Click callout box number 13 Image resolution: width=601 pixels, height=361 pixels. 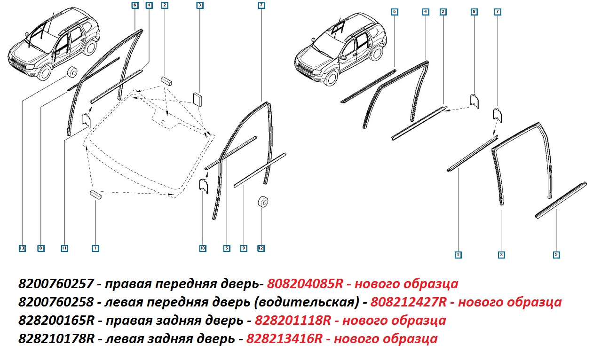[22, 248]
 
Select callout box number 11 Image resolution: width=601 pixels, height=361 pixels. [64, 248]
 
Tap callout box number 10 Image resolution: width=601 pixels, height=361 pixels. [203, 248]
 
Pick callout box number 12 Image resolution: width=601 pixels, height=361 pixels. [261, 248]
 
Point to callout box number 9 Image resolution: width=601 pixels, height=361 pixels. [244, 248]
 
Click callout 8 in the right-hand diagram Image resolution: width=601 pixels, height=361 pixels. [474, 12]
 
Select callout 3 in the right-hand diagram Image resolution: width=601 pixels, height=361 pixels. [501, 255]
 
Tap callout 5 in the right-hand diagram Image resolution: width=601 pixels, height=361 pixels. [556, 255]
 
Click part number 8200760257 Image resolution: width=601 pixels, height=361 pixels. [56, 283]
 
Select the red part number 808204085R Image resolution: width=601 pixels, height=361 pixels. [305, 283]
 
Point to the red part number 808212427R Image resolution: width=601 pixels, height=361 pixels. [408, 302]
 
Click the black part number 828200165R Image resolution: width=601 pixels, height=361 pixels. [56, 320]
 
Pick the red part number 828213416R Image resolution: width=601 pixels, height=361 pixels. [285, 338]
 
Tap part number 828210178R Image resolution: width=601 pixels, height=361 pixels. [56, 338]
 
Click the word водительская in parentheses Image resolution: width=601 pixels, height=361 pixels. [306, 302]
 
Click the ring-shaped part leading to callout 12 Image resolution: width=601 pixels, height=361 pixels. [263, 202]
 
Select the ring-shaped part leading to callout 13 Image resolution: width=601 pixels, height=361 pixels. [72, 71]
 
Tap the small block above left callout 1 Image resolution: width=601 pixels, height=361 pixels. [96, 195]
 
